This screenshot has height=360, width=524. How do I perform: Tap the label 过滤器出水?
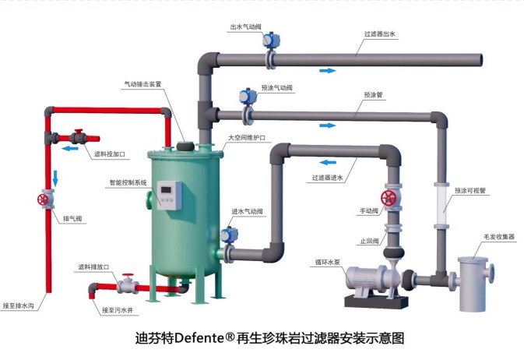380,34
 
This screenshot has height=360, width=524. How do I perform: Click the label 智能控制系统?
128,182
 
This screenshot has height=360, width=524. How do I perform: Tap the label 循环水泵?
330,262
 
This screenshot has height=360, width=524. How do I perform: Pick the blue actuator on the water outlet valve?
269,40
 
